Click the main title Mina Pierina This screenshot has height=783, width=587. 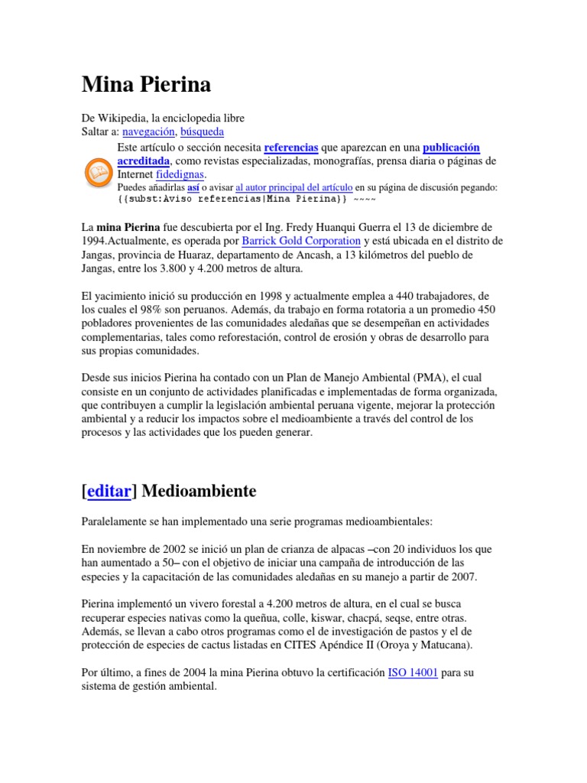point(146,85)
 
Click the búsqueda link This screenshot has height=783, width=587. point(201,132)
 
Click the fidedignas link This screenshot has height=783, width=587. point(180,175)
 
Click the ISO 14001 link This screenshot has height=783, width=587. point(413,672)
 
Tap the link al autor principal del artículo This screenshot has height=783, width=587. point(294,187)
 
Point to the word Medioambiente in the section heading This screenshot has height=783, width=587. point(199,491)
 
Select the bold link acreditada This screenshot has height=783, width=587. point(144,161)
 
